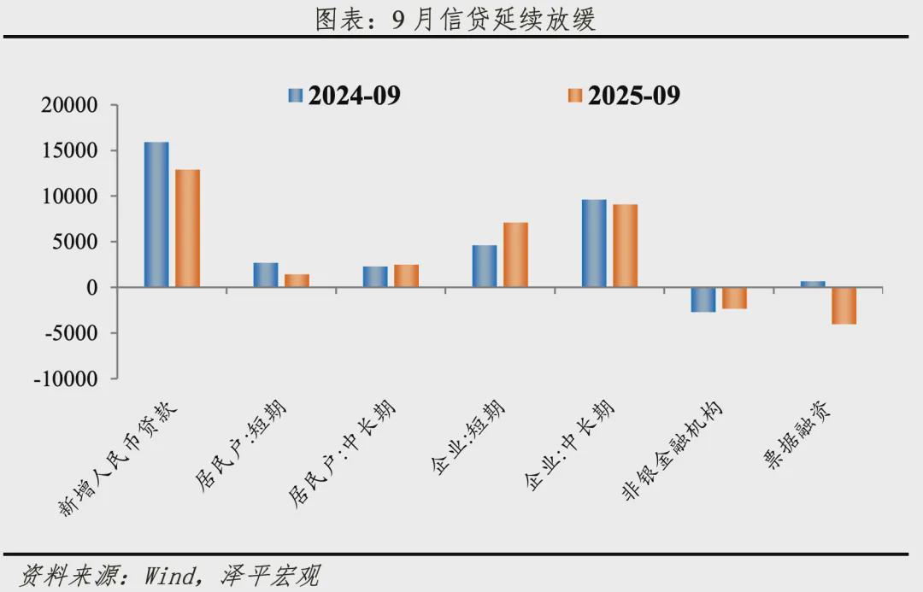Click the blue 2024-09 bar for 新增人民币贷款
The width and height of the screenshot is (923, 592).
point(156,214)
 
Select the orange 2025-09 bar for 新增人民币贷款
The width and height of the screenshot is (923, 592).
point(187,228)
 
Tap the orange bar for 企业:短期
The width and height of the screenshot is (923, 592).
point(515,255)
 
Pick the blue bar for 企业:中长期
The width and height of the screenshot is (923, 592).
point(594,243)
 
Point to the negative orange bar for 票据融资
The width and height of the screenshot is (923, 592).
point(844,306)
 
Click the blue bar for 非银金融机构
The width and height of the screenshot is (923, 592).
point(703,300)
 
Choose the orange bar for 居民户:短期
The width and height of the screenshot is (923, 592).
point(297,280)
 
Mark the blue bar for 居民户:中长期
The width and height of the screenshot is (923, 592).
point(375,277)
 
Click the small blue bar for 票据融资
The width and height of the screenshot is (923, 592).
point(813,284)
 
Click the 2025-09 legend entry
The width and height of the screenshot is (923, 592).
point(625,96)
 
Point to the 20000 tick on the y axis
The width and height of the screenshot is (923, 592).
point(69,106)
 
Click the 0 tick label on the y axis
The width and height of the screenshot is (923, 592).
point(91,288)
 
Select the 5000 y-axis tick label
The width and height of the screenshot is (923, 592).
point(75,243)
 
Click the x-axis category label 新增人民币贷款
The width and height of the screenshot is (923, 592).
point(120,457)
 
